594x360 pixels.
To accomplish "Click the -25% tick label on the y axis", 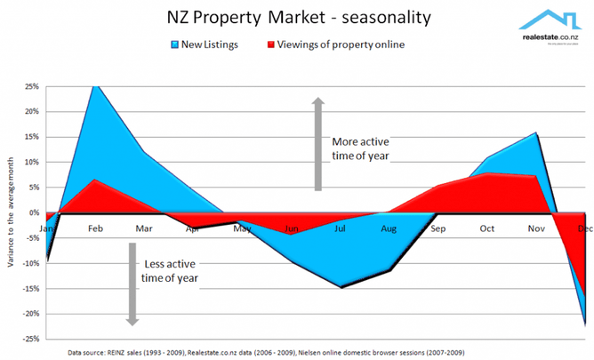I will pyautogui.click(x=29, y=339).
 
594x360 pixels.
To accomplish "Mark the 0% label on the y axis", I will pyautogui.click(x=34, y=212).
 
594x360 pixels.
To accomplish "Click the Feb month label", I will pyautogui.click(x=95, y=228).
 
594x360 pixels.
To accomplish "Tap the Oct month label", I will pyautogui.click(x=487, y=228).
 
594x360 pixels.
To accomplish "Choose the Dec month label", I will pyautogui.click(x=583, y=228).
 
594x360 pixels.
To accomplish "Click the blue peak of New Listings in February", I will pyautogui.click(x=95, y=86).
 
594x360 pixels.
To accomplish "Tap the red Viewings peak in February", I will pyautogui.click(x=95, y=180).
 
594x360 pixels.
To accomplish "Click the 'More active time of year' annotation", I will pyautogui.click(x=365, y=148).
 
